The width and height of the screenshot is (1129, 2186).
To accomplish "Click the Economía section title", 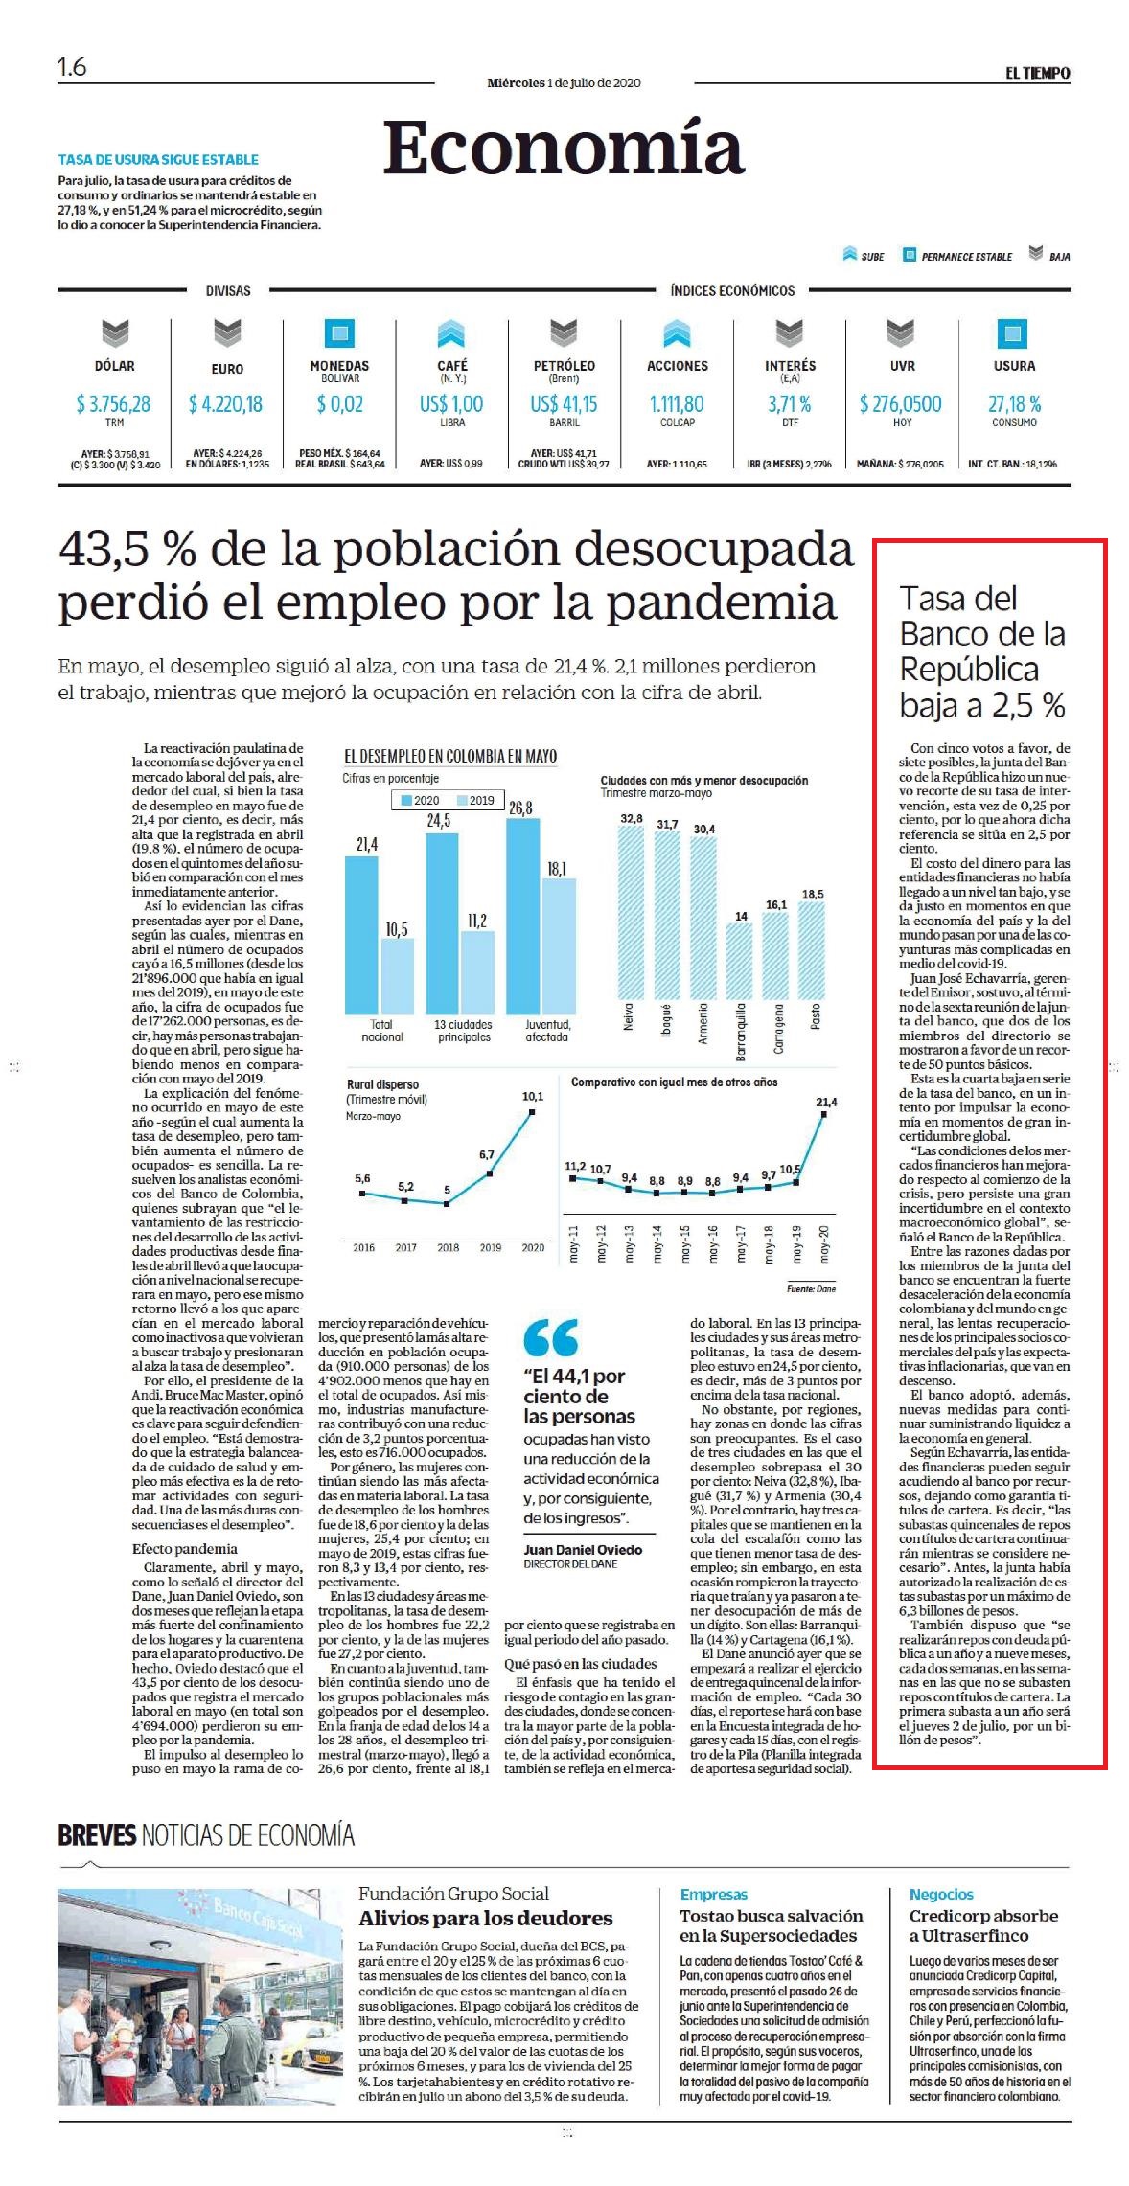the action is [564, 148].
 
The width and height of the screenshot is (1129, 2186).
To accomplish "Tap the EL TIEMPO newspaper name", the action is [1037, 73].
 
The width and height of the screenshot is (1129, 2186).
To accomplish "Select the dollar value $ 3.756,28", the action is [113, 404].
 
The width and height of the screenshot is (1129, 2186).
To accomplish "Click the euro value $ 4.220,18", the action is [225, 405].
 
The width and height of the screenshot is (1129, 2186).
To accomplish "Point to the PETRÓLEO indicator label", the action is [564, 366].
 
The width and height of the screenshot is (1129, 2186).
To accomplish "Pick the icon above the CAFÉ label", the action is [451, 334].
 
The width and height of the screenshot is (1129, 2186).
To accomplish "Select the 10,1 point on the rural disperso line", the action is [532, 1112].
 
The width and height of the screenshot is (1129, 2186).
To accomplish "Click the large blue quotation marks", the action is [551, 1337].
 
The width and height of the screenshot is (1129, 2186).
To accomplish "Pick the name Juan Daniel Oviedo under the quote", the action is [583, 1550].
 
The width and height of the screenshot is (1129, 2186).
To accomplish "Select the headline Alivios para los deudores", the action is [485, 1919].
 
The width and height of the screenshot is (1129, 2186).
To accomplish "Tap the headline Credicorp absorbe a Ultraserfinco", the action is [983, 1925].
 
